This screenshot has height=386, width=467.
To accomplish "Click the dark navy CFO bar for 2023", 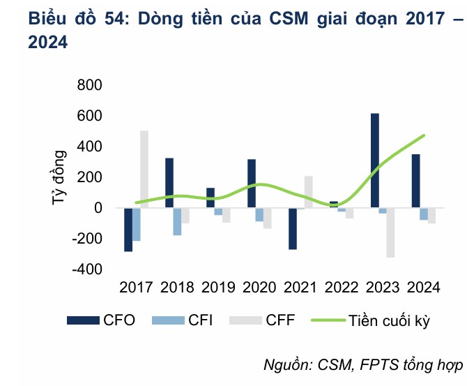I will (x=374, y=161).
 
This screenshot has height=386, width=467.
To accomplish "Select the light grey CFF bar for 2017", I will (x=144, y=169).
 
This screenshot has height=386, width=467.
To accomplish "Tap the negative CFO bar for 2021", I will (x=293, y=228).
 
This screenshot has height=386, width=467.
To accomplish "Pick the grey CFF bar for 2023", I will (x=390, y=232).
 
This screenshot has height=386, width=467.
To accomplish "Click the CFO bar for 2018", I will (x=169, y=183).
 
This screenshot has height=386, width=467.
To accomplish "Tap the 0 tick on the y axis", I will (x=98, y=208).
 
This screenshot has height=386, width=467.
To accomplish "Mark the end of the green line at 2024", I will (x=423, y=135).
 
